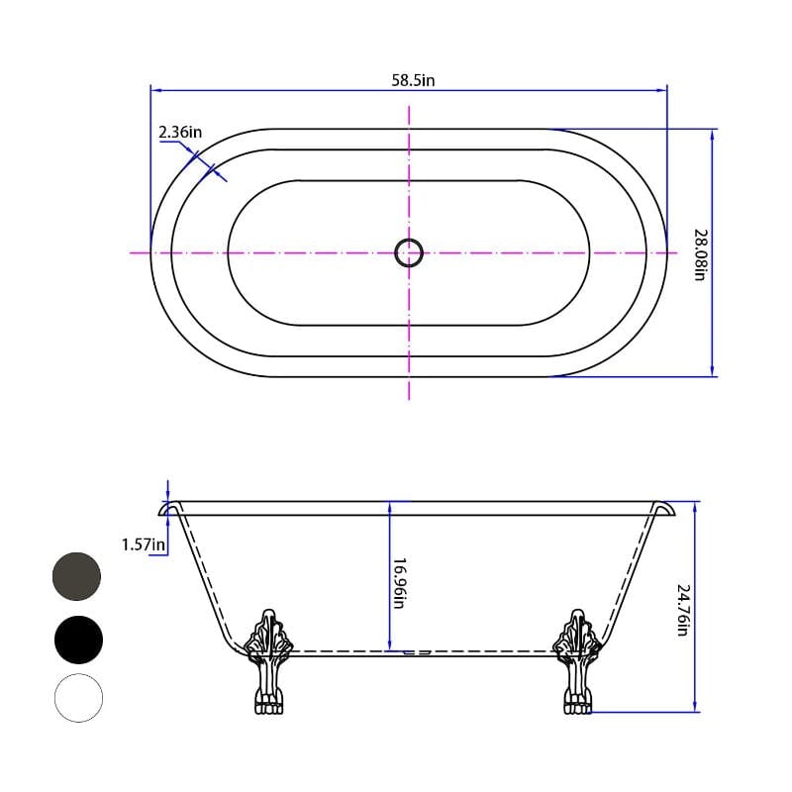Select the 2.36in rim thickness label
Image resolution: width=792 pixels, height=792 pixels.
[x=180, y=132]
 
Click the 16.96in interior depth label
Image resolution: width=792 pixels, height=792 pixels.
[x=399, y=584]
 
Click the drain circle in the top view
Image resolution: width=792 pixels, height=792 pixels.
[x=409, y=253]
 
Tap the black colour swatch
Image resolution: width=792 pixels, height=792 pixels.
[x=78, y=640]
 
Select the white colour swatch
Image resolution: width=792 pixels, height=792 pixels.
[x=78, y=698]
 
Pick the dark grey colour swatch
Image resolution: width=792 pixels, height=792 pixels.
[x=77, y=576]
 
